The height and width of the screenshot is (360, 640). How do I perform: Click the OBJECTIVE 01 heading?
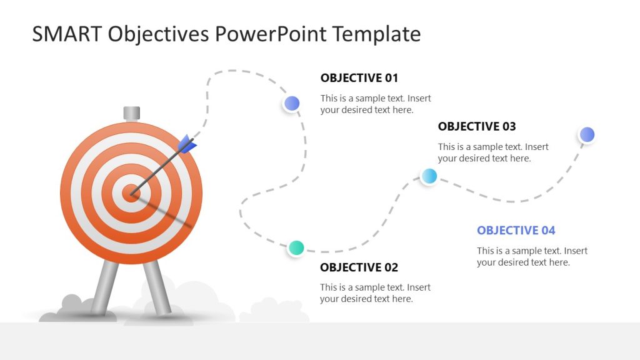[359, 78]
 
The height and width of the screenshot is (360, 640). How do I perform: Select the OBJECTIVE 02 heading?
[359, 267]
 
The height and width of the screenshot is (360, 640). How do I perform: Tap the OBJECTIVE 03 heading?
[476, 126]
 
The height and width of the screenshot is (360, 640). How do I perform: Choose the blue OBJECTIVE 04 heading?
[516, 231]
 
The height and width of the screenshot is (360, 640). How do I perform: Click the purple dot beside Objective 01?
[292, 103]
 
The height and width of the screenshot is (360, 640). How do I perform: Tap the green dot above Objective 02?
[296, 247]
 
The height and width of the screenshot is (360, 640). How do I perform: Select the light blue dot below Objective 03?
[429, 176]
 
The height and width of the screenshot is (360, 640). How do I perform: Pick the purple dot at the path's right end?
[586, 134]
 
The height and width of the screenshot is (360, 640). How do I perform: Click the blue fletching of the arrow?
[187, 145]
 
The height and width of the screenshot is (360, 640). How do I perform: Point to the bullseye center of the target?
[131, 194]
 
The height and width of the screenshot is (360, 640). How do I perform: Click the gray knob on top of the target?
[131, 113]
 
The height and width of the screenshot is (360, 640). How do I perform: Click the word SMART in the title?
[66, 34]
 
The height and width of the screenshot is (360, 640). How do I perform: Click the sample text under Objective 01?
[375, 104]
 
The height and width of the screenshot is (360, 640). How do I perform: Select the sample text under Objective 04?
[532, 257]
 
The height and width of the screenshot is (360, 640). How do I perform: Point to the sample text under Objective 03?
[492, 153]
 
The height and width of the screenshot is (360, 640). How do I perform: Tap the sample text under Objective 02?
[375, 293]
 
